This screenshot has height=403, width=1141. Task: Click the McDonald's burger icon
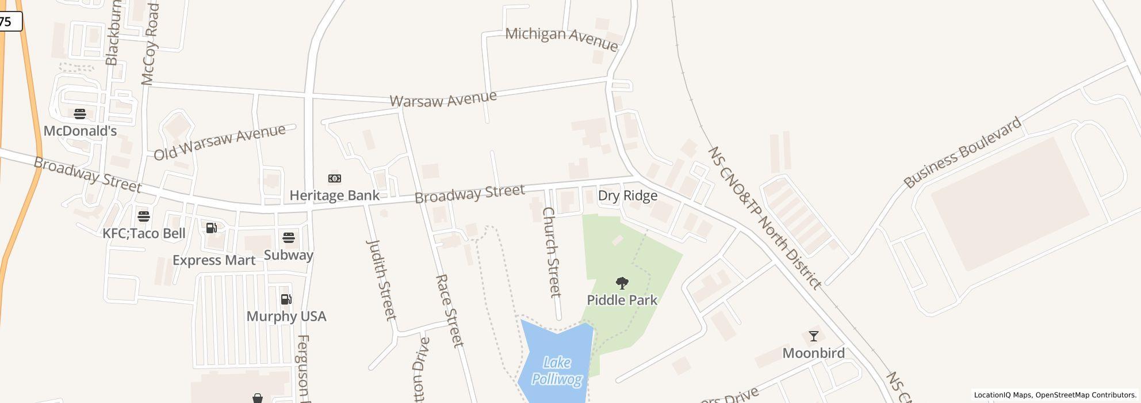(80, 113)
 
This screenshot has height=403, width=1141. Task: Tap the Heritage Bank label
(334, 196)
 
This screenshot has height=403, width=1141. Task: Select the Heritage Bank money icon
(334, 178)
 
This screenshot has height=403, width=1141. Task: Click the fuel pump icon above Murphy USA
(286, 299)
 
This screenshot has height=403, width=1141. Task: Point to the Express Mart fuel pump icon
(211, 228)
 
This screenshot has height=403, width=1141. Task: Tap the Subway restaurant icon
(289, 237)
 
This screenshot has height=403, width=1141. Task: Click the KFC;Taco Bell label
(144, 233)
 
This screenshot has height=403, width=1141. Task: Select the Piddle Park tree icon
(622, 283)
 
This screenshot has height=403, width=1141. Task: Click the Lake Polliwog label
(557, 371)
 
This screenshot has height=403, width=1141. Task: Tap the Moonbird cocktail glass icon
(813, 336)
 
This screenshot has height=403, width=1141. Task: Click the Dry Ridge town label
(627, 196)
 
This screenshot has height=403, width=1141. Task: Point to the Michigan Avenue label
(561, 39)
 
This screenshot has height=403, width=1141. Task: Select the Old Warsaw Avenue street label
(219, 142)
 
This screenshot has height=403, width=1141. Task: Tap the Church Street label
(551, 252)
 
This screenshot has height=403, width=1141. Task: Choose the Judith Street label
(381, 279)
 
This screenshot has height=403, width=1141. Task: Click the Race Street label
(449, 311)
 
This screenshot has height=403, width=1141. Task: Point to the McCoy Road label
(150, 45)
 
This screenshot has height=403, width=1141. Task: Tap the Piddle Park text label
(622, 300)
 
